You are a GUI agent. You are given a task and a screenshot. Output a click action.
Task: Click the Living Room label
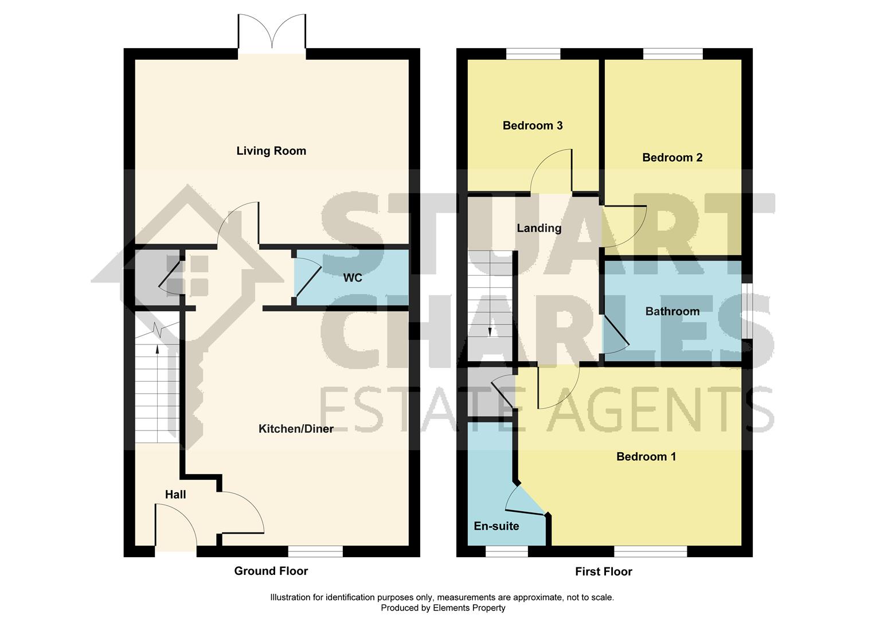click(x=271, y=151)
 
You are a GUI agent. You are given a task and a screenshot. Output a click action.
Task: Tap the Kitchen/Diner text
click(x=296, y=429)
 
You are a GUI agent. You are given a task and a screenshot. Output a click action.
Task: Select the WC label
click(x=353, y=278)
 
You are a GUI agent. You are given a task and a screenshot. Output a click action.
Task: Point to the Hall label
click(x=175, y=495)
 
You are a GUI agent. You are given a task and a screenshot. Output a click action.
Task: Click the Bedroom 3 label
click(x=533, y=126)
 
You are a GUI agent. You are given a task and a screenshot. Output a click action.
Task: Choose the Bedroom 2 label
click(x=672, y=158)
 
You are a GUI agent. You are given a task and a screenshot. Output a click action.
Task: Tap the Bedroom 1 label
click(x=646, y=457)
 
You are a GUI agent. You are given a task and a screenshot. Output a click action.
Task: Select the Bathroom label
click(x=672, y=312)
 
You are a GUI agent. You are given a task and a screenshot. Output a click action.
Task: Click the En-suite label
click(x=496, y=526)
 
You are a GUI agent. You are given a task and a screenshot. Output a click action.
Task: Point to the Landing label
click(x=539, y=228)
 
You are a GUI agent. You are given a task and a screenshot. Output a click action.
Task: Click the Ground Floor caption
click(x=271, y=571)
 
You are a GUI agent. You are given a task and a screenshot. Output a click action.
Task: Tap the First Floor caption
click(x=604, y=572)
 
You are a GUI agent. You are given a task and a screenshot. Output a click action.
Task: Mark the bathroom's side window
click(x=747, y=310)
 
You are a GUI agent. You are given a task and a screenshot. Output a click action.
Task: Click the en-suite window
click(x=506, y=551)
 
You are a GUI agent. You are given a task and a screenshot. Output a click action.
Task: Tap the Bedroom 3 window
click(x=533, y=53)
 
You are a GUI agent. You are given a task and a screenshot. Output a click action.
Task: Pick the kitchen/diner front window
click(x=315, y=551)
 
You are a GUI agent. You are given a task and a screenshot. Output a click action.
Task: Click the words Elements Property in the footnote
click(x=469, y=608)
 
